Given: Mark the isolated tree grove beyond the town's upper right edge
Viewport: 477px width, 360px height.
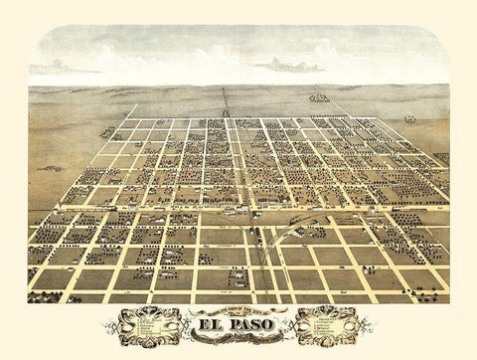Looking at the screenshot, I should tap(319, 97).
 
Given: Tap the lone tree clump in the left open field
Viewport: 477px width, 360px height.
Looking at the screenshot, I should tap(106, 131).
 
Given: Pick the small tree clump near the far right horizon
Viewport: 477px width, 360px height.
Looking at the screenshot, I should tap(409, 118).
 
